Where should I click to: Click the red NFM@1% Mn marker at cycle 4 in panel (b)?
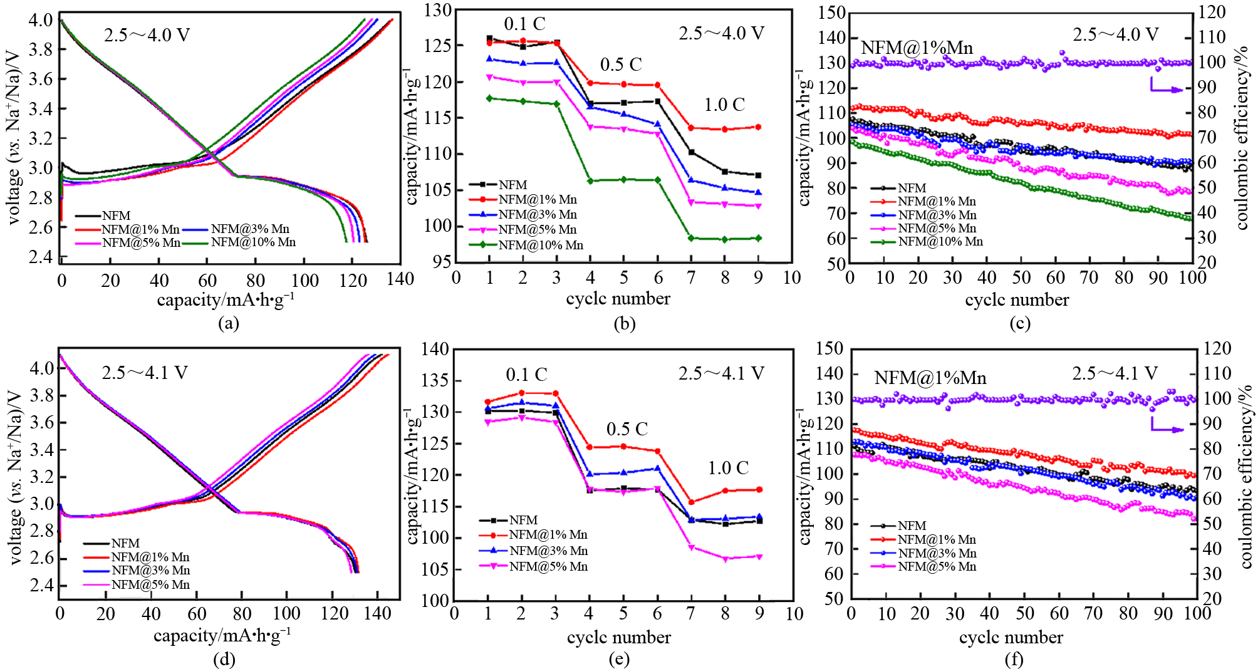(x=590, y=83)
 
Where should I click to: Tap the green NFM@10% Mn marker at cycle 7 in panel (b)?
(x=691, y=238)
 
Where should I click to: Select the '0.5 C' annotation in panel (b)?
(x=621, y=65)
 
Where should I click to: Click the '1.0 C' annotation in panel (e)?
(x=728, y=468)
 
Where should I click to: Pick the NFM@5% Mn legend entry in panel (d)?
(x=150, y=584)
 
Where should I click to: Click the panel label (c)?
(x=1020, y=323)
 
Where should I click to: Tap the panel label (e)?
(x=619, y=659)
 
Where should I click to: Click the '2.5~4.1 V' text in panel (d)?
(x=145, y=373)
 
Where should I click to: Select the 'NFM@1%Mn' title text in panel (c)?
(x=917, y=48)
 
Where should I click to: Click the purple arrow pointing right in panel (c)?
(x=1166, y=88)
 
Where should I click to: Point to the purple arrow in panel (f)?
(x=1167, y=427)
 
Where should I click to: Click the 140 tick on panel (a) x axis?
(x=400, y=279)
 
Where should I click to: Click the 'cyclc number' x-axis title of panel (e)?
(x=618, y=638)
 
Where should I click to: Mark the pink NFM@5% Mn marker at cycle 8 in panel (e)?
(x=725, y=559)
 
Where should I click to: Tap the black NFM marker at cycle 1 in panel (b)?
(x=489, y=38)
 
